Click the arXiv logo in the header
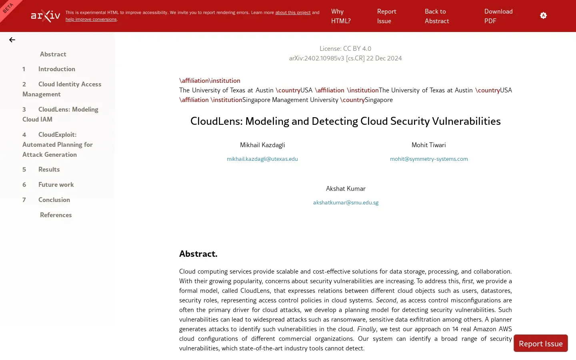click(46, 16)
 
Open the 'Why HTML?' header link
click(341, 16)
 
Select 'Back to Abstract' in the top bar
click(436, 16)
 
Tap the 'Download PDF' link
click(498, 16)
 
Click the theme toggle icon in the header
click(543, 16)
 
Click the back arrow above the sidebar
click(12, 40)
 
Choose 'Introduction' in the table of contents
click(57, 69)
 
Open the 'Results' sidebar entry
click(49, 169)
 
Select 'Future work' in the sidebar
click(56, 184)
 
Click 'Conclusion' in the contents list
click(54, 200)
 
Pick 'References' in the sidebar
click(56, 215)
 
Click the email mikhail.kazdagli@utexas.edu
click(262, 159)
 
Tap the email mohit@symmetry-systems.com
click(429, 159)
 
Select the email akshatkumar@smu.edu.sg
click(346, 202)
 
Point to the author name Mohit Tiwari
click(428, 145)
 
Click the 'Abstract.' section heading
click(198, 254)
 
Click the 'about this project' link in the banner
click(293, 12)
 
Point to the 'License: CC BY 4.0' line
click(345, 48)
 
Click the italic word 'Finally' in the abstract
click(366, 329)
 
